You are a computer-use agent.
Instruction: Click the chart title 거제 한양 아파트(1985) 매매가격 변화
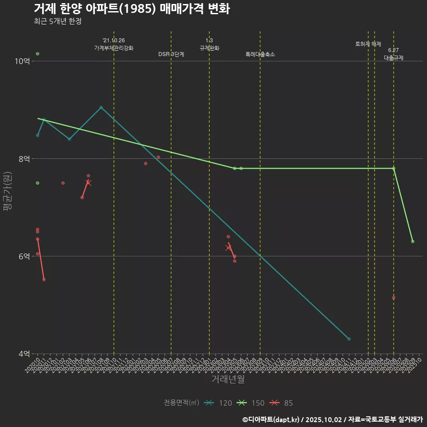(132, 9)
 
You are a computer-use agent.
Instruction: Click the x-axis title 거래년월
(228, 379)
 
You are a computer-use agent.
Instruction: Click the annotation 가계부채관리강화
(113, 48)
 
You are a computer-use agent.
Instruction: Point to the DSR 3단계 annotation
(171, 54)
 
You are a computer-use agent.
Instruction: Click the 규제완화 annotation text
(209, 48)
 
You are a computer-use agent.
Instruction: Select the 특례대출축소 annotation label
(260, 54)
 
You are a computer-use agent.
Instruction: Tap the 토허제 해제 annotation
(368, 44)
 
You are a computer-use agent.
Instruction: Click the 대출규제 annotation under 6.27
(394, 58)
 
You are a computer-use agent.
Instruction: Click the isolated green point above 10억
(38, 54)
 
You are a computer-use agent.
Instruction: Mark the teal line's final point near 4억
(349, 339)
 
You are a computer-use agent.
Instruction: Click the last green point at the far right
(413, 242)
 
